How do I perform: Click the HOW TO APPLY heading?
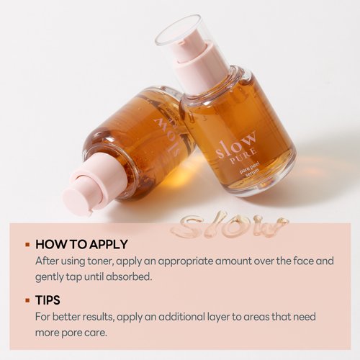tap(81, 245)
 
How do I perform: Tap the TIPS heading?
tap(48, 300)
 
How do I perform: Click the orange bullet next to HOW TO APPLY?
tap(27, 245)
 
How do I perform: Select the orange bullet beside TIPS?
tap(27, 300)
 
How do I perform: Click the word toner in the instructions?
tap(100, 261)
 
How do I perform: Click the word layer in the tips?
tap(218, 317)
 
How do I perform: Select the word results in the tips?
tap(98, 317)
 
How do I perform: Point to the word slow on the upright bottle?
tap(235, 145)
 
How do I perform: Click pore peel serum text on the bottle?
tap(250, 169)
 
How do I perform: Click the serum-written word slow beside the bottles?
tap(229, 225)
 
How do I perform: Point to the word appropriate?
tap(185, 261)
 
